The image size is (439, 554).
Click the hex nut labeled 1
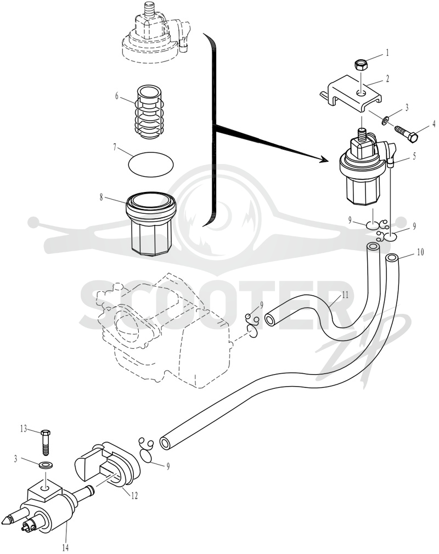tap(361, 65)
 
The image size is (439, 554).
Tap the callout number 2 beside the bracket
tap(387, 78)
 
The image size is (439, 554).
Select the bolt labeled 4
tap(407, 133)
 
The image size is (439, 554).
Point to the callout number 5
tap(414, 155)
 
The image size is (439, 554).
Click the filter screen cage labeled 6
tap(150, 112)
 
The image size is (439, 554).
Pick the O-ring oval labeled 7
tap(150, 163)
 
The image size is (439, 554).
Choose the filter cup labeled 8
tap(151, 224)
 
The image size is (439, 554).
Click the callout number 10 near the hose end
tap(420, 252)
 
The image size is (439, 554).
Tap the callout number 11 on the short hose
tap(345, 295)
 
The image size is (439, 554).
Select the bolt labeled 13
tap(46, 442)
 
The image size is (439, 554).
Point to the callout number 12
tap(134, 496)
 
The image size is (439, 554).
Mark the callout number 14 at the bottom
tap(66, 547)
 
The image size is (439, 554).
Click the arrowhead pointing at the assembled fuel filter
tap(322, 160)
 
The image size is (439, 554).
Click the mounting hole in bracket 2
tap(361, 93)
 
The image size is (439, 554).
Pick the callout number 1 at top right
tap(387, 53)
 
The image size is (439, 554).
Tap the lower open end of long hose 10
tap(164, 443)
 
